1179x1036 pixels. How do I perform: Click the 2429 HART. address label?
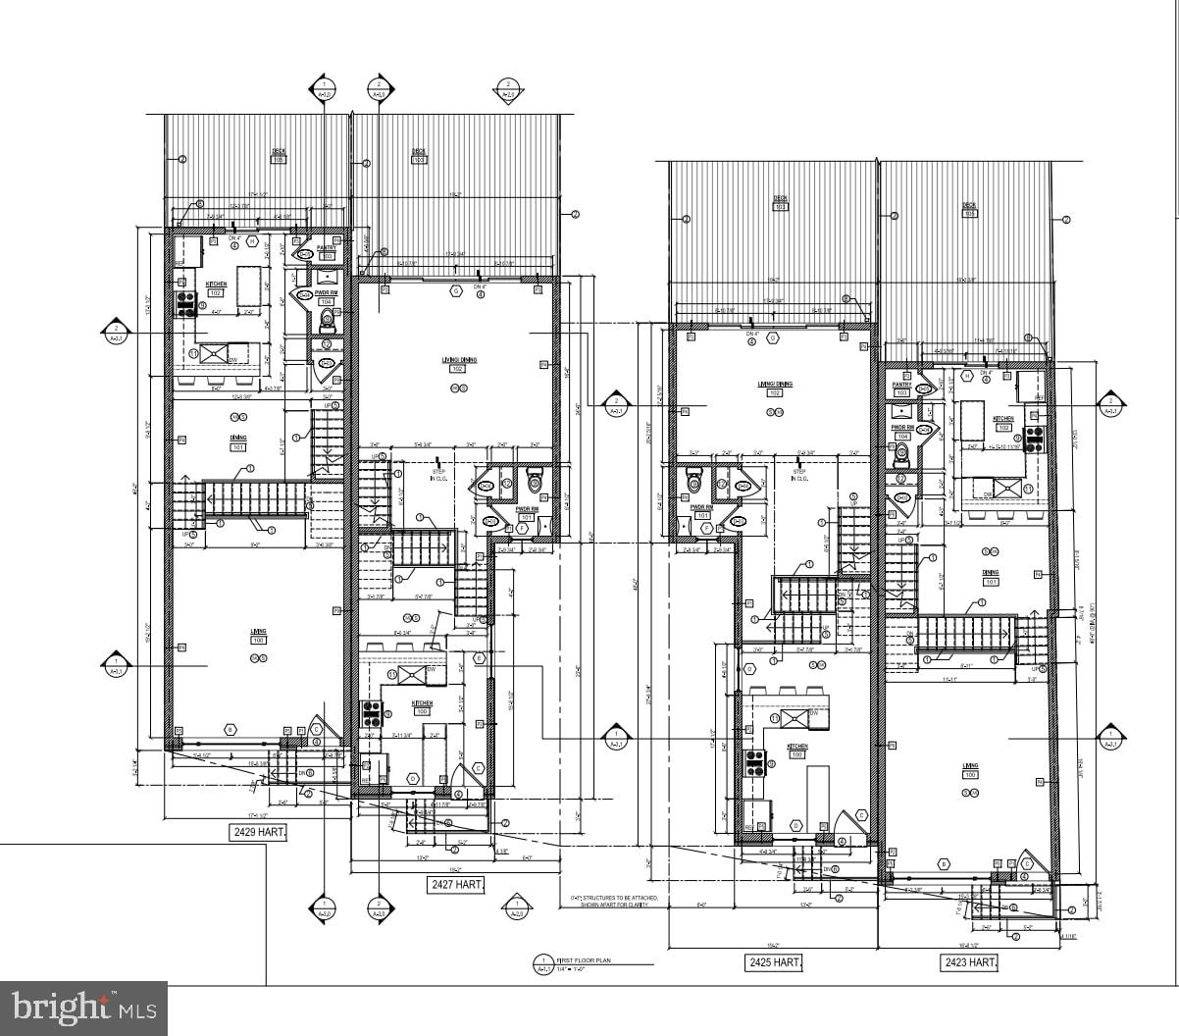pos(259,833)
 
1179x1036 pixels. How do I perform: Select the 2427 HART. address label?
pos(457,885)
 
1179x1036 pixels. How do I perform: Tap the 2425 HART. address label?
pos(774,962)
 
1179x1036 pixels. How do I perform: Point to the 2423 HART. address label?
pos(969,962)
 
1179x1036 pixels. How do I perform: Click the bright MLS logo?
pos(83,1008)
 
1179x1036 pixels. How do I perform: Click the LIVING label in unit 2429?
pos(258,632)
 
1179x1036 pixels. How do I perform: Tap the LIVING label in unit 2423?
pos(970,766)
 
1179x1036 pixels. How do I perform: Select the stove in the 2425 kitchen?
pos(754,762)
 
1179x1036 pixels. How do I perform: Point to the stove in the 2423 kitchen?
pos(1034,439)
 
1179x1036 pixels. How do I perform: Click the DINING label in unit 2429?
pos(238,439)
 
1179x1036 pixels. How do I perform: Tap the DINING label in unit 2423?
pos(991,573)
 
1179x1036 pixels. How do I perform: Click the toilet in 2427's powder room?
pos(535,481)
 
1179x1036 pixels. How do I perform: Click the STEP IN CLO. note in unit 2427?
pos(438,474)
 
